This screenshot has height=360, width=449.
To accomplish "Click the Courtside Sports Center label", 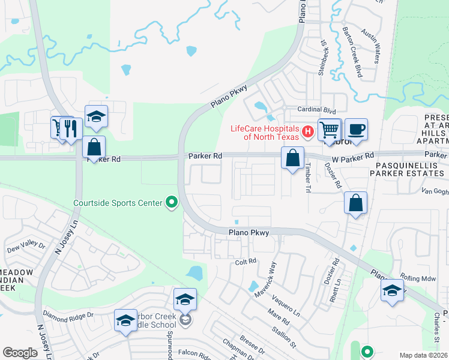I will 118,203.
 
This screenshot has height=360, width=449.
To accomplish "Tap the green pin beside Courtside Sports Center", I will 172,202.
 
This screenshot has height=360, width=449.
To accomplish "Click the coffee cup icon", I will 355,129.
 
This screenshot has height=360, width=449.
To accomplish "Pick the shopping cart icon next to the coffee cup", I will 330,129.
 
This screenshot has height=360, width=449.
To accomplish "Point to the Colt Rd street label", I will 246,262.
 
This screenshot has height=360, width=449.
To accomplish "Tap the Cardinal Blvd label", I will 318,110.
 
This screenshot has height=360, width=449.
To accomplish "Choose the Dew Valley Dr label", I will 25,246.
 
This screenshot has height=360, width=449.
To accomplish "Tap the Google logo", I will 20,353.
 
